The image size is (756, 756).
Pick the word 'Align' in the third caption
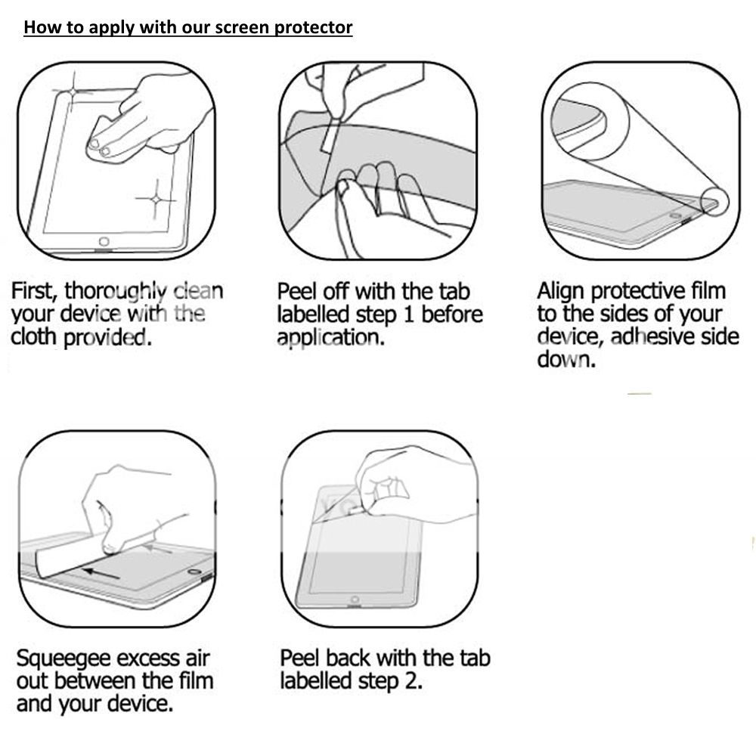click(561, 291)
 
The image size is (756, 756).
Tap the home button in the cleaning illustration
click(103, 242)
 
